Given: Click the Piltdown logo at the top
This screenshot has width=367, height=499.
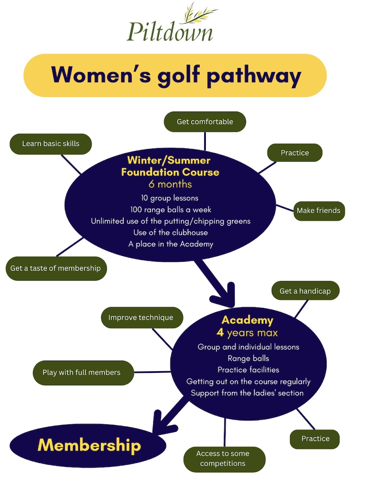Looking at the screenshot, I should [170, 25].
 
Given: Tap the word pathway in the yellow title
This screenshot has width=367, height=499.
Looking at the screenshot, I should [254, 75].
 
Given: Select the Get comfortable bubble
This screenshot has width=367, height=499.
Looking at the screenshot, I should [205, 122].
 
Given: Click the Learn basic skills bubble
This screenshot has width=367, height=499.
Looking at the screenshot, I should [50, 144].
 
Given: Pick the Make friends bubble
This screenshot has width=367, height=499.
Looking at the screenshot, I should [318, 210].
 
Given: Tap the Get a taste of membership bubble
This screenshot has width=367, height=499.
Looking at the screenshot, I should [56, 268].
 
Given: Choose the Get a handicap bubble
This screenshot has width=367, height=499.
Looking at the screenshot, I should [305, 291].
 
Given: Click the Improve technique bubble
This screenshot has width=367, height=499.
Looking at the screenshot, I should [141, 317].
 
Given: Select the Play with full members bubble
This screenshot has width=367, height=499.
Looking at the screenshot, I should [82, 372].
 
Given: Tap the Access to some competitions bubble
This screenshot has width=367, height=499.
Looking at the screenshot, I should [223, 459].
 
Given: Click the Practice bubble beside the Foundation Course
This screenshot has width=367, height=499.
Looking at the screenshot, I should [295, 153].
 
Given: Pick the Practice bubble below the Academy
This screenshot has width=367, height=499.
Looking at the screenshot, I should [315, 438].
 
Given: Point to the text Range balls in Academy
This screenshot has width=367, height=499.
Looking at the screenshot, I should [248, 358].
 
